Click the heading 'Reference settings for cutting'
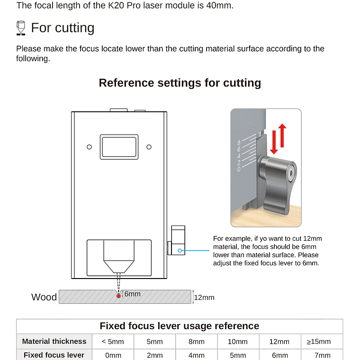pos(180,83)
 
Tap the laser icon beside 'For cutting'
pos(20,28)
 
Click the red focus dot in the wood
pos(118,296)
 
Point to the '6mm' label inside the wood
pos(132,294)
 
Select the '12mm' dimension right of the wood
pos(204,297)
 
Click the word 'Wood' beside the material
pos(44,297)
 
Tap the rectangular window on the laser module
pos(119,147)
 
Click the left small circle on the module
pos(89,147)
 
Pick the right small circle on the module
pos(149,147)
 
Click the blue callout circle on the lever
pos(179,250)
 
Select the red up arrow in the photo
pos(282,135)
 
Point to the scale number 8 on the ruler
pos(239,143)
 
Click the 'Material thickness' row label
pos(54,341)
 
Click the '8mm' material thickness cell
pos(196,342)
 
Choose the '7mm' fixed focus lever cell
pos(322,355)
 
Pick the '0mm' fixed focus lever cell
pos(113,355)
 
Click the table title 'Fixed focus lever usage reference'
pos(180,326)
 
